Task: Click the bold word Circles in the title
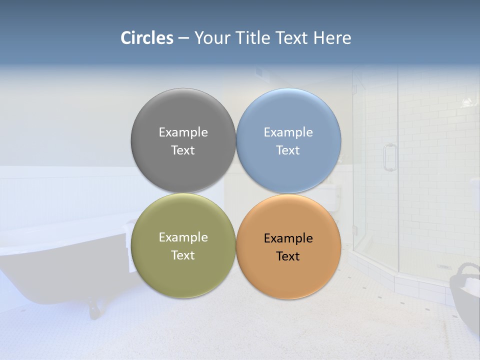[x=147, y=38]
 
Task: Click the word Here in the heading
[x=332, y=38]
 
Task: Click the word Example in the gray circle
[x=183, y=132]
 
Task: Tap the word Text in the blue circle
[x=288, y=150]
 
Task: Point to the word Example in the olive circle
[x=183, y=237]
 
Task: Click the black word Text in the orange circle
[x=288, y=256]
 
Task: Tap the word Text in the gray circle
[x=183, y=150]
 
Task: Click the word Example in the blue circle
[x=288, y=132]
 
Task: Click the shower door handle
[x=389, y=157]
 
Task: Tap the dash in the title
[x=183, y=38]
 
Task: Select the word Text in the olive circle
[x=183, y=255]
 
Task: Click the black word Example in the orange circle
[x=288, y=238]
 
